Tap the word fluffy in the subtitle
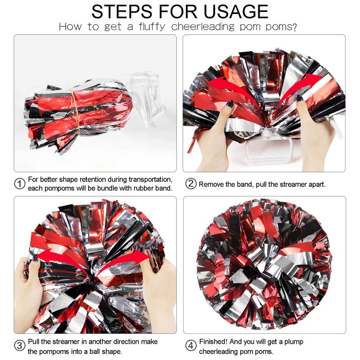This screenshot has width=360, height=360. [152, 27]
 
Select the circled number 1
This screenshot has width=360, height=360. [20, 184]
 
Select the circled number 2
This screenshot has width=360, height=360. [191, 184]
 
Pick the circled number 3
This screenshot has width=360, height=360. [20, 345]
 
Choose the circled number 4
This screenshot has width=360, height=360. [191, 345]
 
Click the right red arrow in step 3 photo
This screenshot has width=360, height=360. [124, 260]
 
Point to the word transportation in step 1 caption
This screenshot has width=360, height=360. [150, 179]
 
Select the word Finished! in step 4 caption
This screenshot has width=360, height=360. [213, 342]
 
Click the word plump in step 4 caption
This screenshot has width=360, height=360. [294, 342]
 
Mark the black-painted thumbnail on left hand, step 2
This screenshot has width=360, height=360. [230, 104]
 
